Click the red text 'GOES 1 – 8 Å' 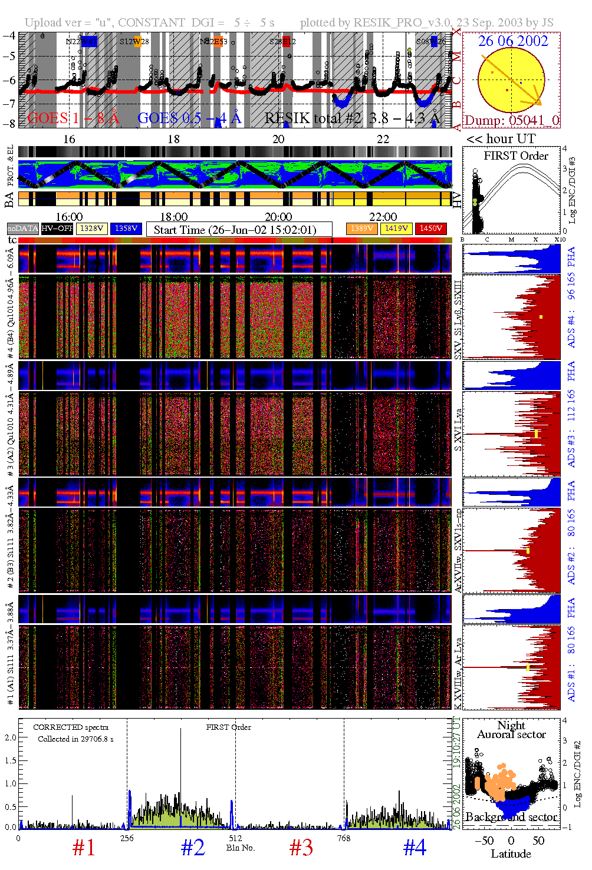(73, 118)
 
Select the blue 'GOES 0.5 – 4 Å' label (189, 118)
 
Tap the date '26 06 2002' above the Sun (512, 41)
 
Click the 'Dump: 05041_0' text (511, 121)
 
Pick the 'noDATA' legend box (22, 229)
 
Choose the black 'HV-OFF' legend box (57, 229)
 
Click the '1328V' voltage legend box (91, 229)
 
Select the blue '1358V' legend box (126, 229)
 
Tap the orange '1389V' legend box (361, 229)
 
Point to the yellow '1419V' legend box (396, 229)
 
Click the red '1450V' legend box (431, 229)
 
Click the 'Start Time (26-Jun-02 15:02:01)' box (239, 230)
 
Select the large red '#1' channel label (84, 848)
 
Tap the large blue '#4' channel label (415, 848)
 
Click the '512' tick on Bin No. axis (235, 838)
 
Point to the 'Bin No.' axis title (241, 848)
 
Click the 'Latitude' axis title (511, 854)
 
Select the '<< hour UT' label (501, 139)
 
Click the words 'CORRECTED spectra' (71, 727)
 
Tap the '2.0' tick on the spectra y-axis (10, 737)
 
